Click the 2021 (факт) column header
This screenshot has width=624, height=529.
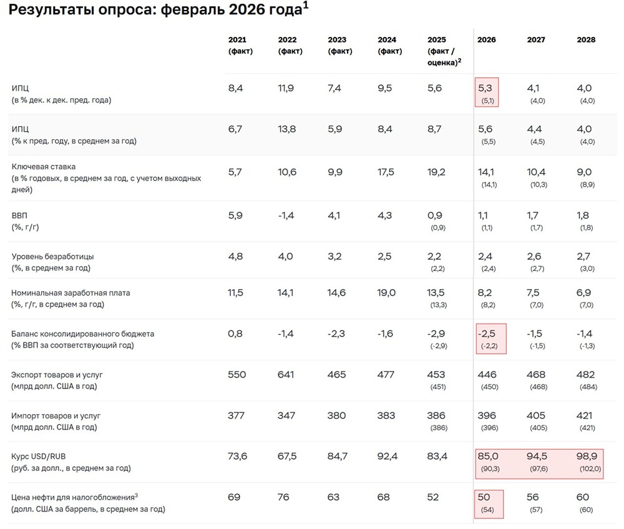(240, 45)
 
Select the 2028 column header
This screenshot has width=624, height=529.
(586, 39)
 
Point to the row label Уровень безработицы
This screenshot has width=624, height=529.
(52, 257)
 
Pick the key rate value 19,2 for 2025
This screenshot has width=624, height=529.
(437, 172)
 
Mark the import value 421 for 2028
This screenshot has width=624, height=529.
(586, 415)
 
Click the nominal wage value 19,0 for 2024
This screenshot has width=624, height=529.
(386, 292)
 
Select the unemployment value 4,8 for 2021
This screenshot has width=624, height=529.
(235, 256)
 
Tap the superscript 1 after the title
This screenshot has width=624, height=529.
(305, 6)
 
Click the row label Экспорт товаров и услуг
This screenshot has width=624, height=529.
(57, 375)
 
